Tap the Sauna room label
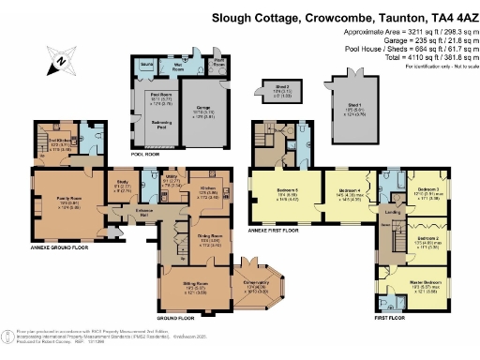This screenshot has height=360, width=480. point(146,64)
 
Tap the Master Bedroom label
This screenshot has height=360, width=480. point(414,287)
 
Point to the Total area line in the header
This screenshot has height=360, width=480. point(419,59)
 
